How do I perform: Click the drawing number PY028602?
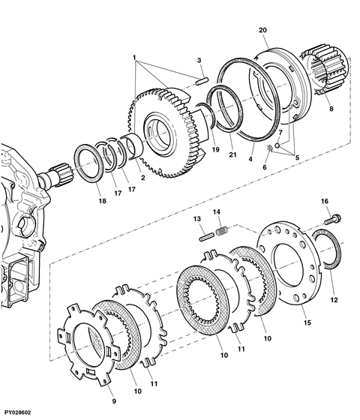[18, 412]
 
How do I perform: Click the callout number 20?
[262, 30]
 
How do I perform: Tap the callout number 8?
[331, 109]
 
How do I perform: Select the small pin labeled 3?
[202, 81]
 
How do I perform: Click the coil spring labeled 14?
[222, 231]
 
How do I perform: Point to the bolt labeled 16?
[333, 219]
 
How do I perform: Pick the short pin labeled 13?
[207, 237]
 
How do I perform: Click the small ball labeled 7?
[277, 145]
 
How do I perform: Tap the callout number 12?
[334, 300]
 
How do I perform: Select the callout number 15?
[307, 322]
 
